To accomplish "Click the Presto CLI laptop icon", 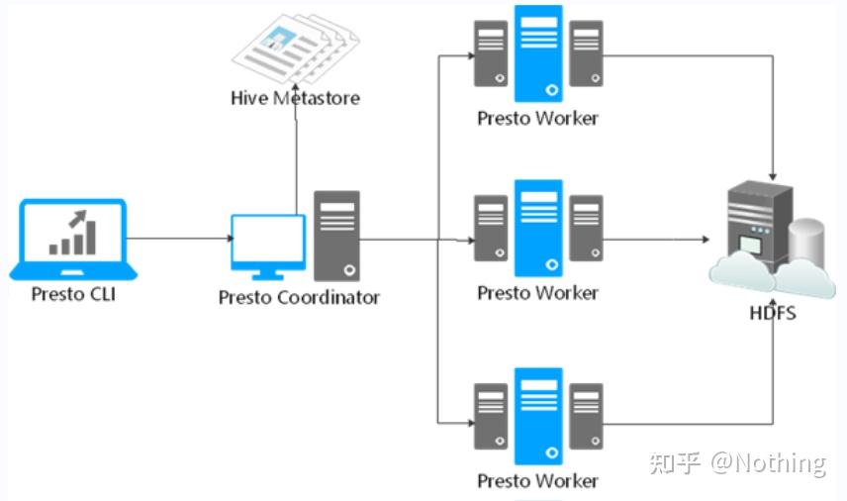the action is pos(73,240).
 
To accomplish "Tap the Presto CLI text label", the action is pos(73,294).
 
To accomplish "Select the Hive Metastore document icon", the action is pos(296,49).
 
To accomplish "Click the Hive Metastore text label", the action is pos(296,98).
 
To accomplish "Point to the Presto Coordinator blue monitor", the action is pos(268,247).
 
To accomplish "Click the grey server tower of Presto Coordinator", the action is pos(337,236).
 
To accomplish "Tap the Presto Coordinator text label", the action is pos(299,297).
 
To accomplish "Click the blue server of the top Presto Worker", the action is pos(538,53).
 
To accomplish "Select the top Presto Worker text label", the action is pos(538,118).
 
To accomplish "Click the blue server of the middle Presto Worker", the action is pos(538,228).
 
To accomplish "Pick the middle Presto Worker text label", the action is pos(538,293).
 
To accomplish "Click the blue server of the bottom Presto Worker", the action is pos(538,416).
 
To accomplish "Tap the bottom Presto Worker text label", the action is pos(538,480).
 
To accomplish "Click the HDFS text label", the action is pos(773,313).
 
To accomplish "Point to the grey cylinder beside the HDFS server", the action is pos(806,244).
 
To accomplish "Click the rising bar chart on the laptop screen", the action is pos(73,233).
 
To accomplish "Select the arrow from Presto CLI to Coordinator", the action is pos(180,239).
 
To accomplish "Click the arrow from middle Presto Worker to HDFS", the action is pos(656,239).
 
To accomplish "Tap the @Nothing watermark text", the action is pos(768,463).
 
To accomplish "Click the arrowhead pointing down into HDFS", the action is pos(773,176).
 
